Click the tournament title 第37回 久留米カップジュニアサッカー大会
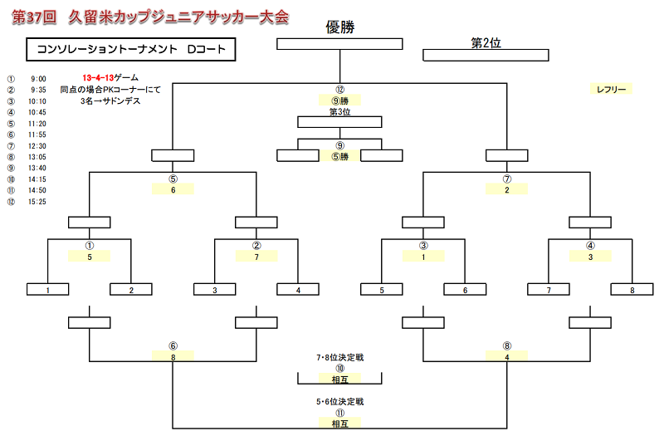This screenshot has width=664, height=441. tap(150, 17)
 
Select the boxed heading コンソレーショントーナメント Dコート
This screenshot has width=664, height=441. tap(131, 50)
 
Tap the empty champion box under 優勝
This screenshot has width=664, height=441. tap(339, 44)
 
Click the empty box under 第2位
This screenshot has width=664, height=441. tap(486, 55)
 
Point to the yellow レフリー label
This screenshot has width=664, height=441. tap(611, 89)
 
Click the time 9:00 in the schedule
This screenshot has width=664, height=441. tap(38, 79)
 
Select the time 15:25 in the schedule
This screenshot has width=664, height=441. tap(37, 202)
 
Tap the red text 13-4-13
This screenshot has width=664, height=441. tap(98, 77)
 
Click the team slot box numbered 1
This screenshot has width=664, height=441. tap(47, 290)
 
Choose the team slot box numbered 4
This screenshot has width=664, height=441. tap(298, 290)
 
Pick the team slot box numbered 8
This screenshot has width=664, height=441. tap(632, 290)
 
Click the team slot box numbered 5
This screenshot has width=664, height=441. tap(382, 290)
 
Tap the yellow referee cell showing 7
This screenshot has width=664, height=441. tap(256, 257)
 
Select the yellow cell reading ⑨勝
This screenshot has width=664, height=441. tap(339, 100)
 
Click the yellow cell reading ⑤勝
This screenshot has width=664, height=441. tap(339, 156)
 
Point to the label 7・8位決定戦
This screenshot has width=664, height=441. tap(339, 358)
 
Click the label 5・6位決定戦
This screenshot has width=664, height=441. tap(339, 402)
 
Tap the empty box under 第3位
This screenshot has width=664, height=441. tap(339, 122)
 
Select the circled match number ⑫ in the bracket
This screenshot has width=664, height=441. tap(339, 90)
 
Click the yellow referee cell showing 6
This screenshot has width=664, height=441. tap(173, 189)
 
